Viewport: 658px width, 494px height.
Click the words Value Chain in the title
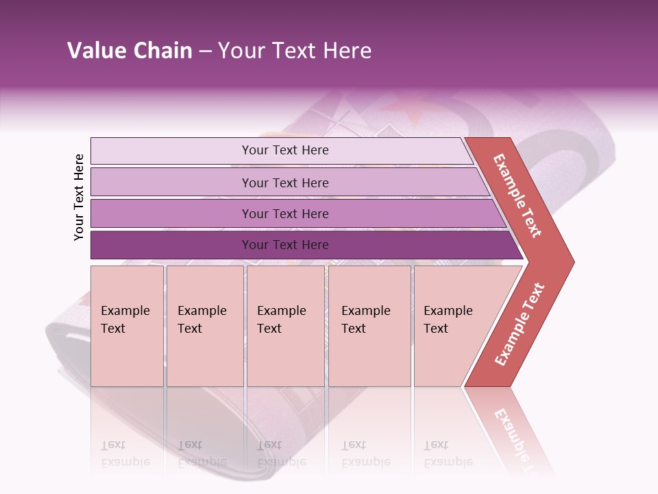[130, 51]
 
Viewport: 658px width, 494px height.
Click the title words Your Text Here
[295, 51]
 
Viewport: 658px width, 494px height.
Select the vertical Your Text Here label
[79, 197]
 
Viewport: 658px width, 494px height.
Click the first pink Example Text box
[127, 326]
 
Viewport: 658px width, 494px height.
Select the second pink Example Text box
[204, 326]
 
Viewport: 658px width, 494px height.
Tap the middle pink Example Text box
[285, 326]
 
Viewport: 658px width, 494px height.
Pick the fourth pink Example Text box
[369, 326]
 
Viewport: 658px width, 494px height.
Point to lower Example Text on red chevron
[520, 325]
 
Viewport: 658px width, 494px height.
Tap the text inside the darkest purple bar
[285, 245]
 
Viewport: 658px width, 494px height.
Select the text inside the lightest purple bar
[285, 150]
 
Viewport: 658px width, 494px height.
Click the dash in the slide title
[205, 51]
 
